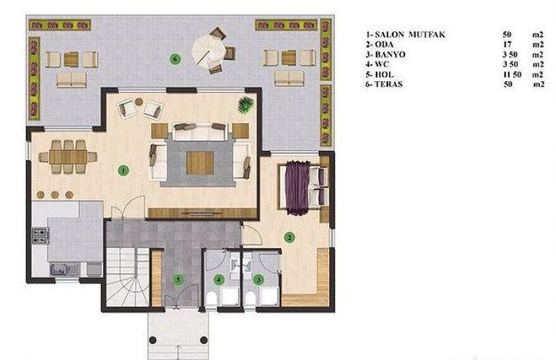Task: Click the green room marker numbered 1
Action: (x=123, y=171)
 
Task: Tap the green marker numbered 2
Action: (x=289, y=237)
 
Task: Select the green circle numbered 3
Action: (x=259, y=280)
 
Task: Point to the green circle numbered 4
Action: (x=219, y=280)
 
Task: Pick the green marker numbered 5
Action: (x=178, y=280)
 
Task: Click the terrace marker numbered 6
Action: (x=175, y=59)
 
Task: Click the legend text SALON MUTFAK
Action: (x=410, y=34)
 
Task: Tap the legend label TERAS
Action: (x=388, y=84)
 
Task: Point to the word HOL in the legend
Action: (x=384, y=74)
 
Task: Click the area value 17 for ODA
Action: (x=507, y=44)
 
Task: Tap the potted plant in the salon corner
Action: (x=246, y=105)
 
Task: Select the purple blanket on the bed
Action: (x=298, y=188)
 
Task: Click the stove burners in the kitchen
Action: (x=40, y=236)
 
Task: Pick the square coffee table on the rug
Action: (x=201, y=163)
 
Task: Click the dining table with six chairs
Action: (x=68, y=157)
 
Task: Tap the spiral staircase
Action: (x=128, y=277)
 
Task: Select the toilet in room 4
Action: (x=211, y=299)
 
